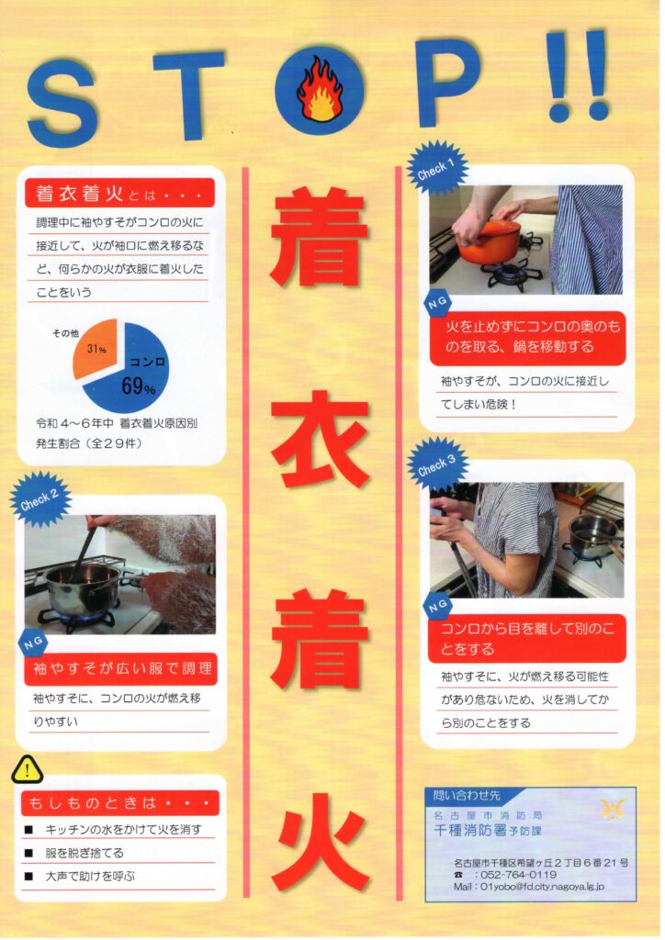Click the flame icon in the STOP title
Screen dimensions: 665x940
coord(321,89)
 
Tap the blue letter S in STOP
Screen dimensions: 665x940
coord(62,103)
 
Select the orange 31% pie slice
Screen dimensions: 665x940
coord(96,347)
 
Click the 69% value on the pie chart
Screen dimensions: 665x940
coord(138,386)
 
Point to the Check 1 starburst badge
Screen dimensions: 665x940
coord(436,168)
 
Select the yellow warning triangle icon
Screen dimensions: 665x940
coord(27,769)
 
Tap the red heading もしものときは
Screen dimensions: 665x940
coord(120,802)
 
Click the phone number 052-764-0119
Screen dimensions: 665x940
coord(518,874)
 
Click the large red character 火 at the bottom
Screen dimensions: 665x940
coord(320,841)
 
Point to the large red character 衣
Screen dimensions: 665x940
coord(320,439)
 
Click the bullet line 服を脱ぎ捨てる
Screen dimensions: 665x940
coord(85,853)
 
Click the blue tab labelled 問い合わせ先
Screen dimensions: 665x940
coord(467,796)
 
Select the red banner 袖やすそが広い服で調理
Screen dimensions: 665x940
coord(120,668)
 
